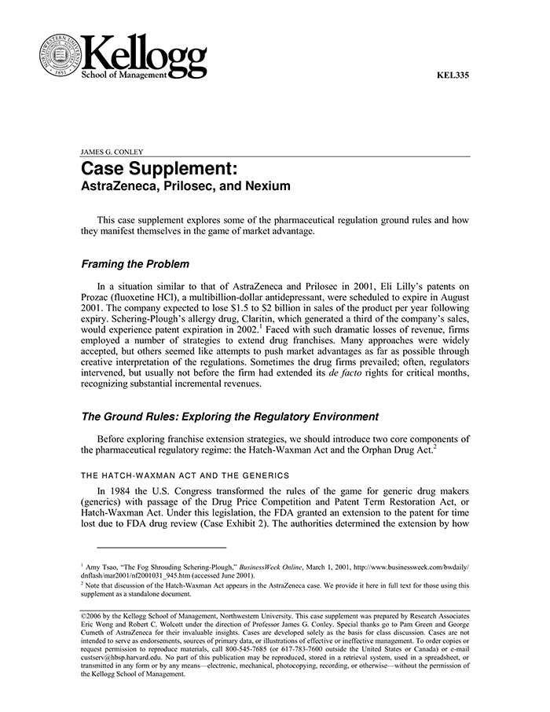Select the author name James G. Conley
112,151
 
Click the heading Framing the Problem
135,264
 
